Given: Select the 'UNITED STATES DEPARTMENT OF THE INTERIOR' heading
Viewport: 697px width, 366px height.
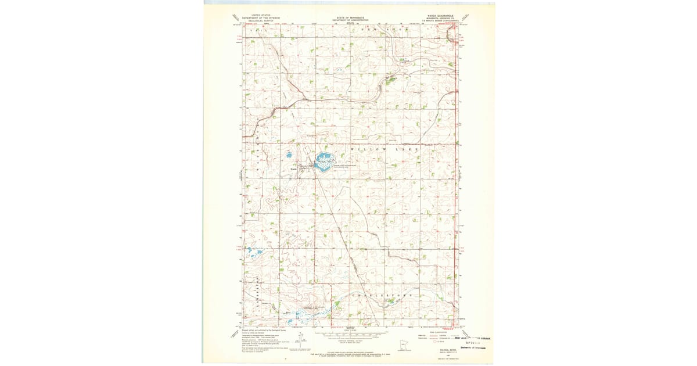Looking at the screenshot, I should point(261,18).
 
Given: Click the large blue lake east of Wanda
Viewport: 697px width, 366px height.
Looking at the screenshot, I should point(324,159).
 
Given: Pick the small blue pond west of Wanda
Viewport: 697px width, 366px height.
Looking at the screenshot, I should point(288,155).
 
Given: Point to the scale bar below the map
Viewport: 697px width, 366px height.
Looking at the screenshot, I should point(348,336).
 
